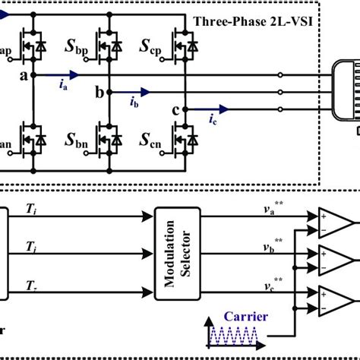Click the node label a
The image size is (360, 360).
coord(24,76)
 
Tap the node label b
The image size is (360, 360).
coord(98,93)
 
